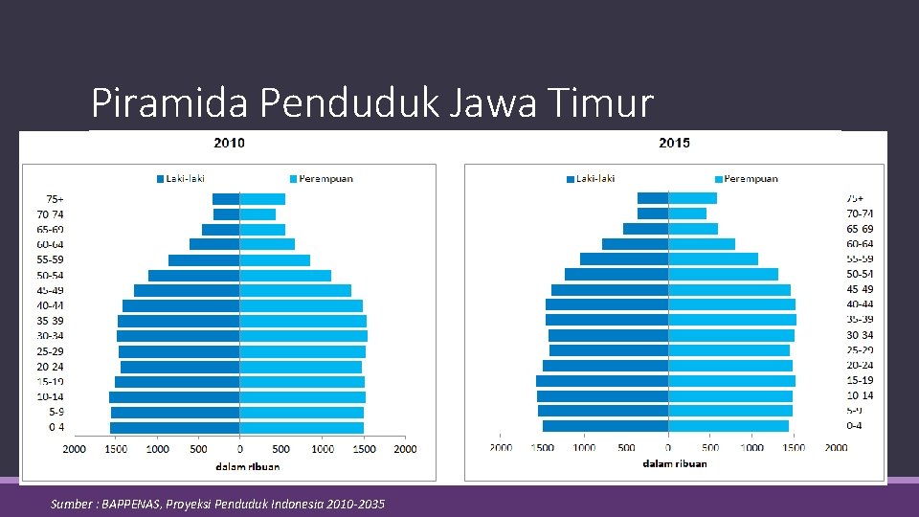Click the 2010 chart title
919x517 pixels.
coord(228,143)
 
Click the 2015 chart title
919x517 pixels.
coord(674,143)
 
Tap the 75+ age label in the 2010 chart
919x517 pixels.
coord(51,199)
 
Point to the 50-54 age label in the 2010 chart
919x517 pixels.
coord(51,276)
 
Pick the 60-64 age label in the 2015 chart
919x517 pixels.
coord(859,244)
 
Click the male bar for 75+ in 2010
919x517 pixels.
coord(226,199)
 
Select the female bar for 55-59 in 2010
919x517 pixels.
coord(275,260)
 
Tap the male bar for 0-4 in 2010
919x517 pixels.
coord(175,427)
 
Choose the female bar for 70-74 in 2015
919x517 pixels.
coord(687,214)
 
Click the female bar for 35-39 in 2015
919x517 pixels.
coord(731,320)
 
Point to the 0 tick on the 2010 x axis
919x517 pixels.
coord(240,449)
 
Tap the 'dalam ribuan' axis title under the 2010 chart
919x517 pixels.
coord(247,466)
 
